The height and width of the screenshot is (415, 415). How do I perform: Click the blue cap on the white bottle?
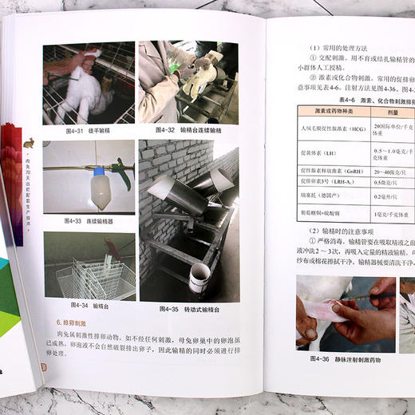pyautogui.click(x=101, y=171)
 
